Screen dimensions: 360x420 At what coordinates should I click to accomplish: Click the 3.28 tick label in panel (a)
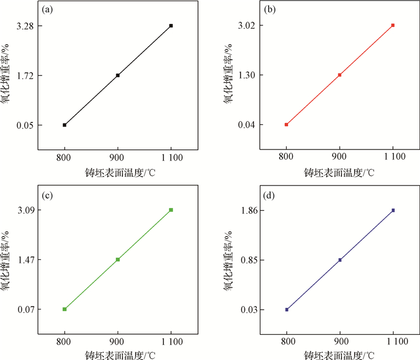(25, 26)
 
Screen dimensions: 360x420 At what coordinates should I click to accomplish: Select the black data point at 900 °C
(118, 75)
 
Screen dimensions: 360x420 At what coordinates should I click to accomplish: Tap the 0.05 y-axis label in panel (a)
(25, 125)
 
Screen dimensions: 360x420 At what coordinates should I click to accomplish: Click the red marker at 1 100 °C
(393, 25)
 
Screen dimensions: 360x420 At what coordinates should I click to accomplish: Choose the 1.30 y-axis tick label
(247, 75)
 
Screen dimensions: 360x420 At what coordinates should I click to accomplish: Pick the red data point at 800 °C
(286, 125)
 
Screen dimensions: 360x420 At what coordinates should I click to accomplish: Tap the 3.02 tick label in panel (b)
(247, 25)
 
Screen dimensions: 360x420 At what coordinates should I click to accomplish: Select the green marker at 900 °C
(118, 259)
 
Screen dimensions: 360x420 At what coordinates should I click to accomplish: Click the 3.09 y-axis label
(25, 210)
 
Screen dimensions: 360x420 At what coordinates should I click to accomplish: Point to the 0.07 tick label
(25, 309)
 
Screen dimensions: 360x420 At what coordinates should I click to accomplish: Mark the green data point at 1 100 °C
(171, 210)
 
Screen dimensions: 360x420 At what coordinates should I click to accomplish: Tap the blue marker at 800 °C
(287, 310)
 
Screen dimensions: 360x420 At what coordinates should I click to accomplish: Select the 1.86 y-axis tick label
(247, 211)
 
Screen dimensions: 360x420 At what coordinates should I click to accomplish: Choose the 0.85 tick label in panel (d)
(247, 260)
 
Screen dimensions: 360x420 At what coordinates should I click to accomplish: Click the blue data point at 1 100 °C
(393, 210)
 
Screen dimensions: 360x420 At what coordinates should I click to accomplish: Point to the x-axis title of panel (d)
(340, 355)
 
